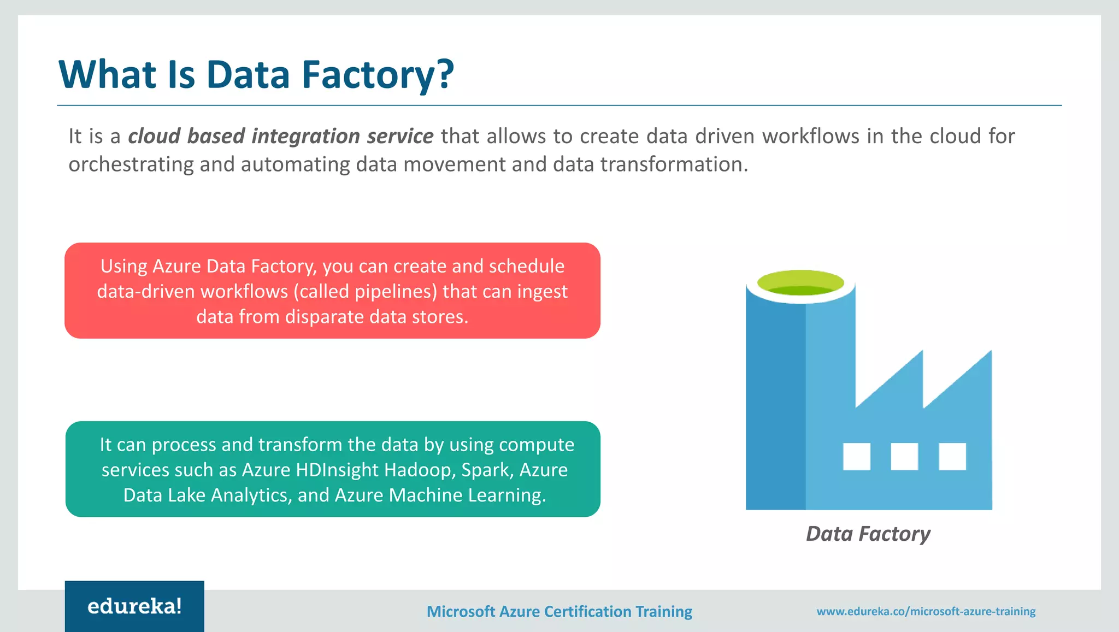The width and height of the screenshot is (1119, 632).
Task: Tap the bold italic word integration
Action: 305,136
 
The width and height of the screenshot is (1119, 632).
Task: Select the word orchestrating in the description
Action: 131,164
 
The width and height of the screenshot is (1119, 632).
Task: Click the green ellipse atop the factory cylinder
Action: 800,282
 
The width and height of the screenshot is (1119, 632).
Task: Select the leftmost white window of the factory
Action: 856,456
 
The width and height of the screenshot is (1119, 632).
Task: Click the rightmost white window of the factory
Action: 952,456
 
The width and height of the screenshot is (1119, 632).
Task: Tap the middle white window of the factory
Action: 904,456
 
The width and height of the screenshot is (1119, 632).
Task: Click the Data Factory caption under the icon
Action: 868,534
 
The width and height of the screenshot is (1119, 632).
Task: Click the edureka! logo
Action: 134,606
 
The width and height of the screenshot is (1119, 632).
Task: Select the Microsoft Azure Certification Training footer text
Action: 559,611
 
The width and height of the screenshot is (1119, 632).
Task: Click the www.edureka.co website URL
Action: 926,611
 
